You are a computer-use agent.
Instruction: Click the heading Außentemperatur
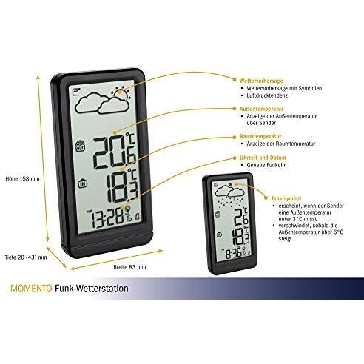tap(257, 108)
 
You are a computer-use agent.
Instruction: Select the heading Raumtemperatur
tap(255, 137)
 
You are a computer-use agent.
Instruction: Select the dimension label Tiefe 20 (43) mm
tap(24, 257)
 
